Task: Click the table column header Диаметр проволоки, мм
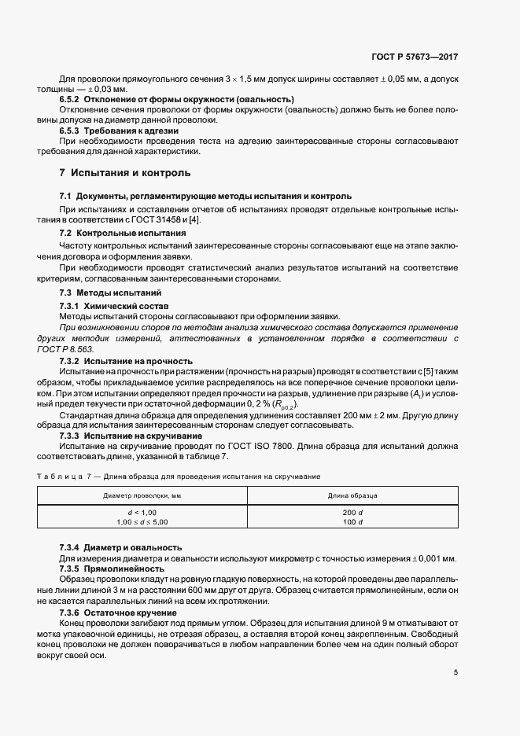(142, 496)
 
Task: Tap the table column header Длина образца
(352, 496)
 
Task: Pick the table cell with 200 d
(352, 513)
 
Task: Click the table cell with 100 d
(352, 522)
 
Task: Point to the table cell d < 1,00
(142, 513)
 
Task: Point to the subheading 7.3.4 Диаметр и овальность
(121, 547)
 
